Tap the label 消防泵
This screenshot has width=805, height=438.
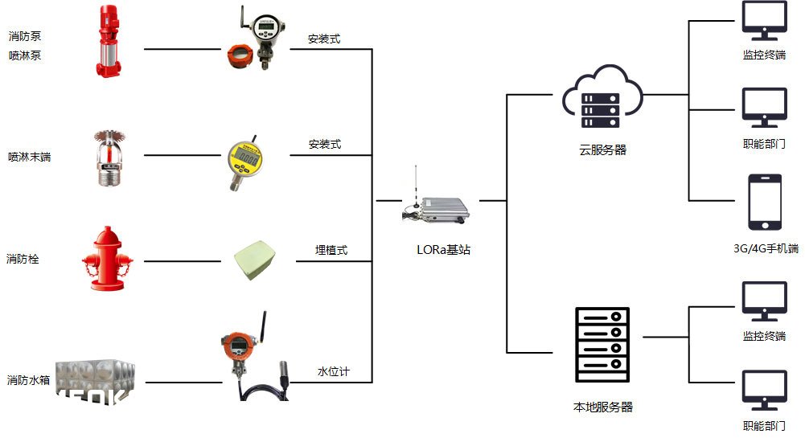25,36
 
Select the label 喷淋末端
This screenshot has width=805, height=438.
30,157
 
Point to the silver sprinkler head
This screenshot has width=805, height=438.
106,158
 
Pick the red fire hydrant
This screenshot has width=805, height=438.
107,258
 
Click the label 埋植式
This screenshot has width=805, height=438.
331,250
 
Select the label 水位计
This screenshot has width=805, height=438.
334,372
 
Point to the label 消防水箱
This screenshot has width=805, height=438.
30,380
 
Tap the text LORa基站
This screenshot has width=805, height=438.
438,250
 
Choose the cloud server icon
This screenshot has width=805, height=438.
602,99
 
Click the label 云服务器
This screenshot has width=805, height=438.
602,149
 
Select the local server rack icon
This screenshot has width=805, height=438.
602,345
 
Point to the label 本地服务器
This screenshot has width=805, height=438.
602,407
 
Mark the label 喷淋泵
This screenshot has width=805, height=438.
25,55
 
